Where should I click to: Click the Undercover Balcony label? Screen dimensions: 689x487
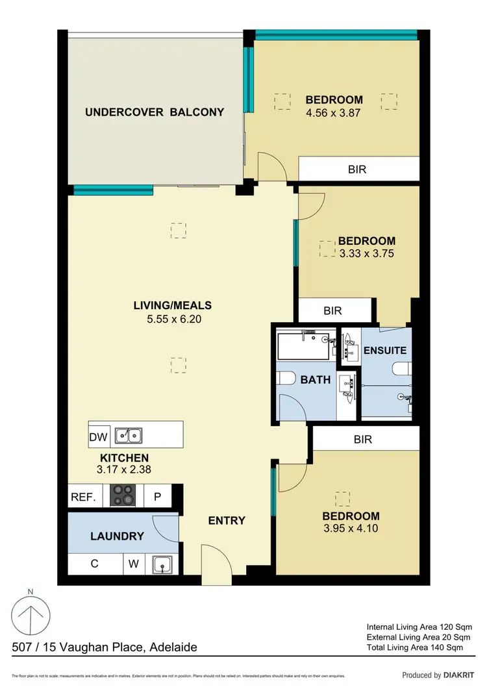tap(155, 112)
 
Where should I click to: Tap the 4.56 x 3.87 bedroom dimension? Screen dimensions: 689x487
tap(334, 112)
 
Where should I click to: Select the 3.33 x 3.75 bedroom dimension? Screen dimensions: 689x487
tap(366, 254)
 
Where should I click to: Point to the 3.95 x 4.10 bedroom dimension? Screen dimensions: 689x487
tap(351, 528)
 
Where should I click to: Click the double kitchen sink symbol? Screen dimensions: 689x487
tap(129, 436)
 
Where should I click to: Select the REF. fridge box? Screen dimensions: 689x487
tap(83, 498)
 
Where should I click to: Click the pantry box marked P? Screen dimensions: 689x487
tap(156, 498)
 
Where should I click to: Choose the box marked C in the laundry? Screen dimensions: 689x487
tap(95, 564)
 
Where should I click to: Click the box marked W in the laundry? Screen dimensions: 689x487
tap(134, 564)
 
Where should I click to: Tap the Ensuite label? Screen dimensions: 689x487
tap(384, 350)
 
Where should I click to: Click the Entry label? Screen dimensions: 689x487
tap(227, 520)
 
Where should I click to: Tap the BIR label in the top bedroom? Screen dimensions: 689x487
tap(357, 169)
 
